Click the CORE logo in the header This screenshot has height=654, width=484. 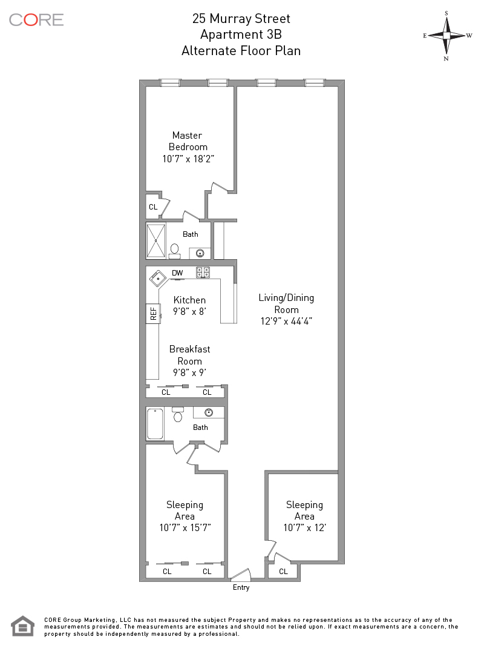point(36,19)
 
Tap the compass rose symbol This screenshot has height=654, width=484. point(446,35)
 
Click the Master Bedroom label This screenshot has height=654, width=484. point(188,141)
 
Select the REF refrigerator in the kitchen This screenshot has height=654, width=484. point(153,313)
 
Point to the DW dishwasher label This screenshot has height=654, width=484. point(177,273)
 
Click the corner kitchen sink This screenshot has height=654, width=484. point(158,278)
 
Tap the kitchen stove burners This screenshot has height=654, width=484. point(203,273)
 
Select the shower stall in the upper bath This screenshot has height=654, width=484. point(156,240)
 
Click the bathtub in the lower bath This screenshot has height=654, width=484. point(155,423)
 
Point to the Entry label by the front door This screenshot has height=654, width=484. point(241,587)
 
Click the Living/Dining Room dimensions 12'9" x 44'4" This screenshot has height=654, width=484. point(286,322)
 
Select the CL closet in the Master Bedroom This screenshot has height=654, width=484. point(153,206)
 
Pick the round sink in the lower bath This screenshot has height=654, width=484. point(209,412)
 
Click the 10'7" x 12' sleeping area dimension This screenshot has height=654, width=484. point(304,527)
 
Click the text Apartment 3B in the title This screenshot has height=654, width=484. point(241,35)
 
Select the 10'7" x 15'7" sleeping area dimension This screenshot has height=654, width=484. point(185,527)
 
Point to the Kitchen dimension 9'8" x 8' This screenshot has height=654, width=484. point(189,312)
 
